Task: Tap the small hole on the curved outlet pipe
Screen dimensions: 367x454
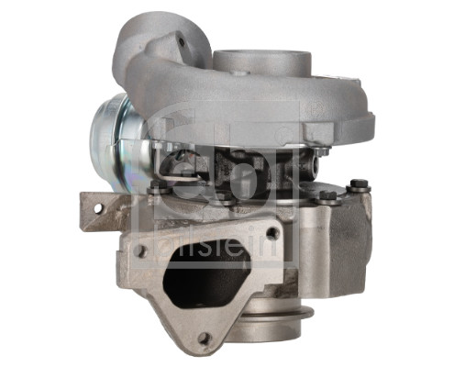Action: (182, 40)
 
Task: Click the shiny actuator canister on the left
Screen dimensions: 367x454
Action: (112, 135)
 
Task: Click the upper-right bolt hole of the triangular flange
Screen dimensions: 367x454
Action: (271, 233)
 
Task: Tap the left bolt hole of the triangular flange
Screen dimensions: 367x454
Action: (141, 250)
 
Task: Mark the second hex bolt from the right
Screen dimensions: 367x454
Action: (327, 195)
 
